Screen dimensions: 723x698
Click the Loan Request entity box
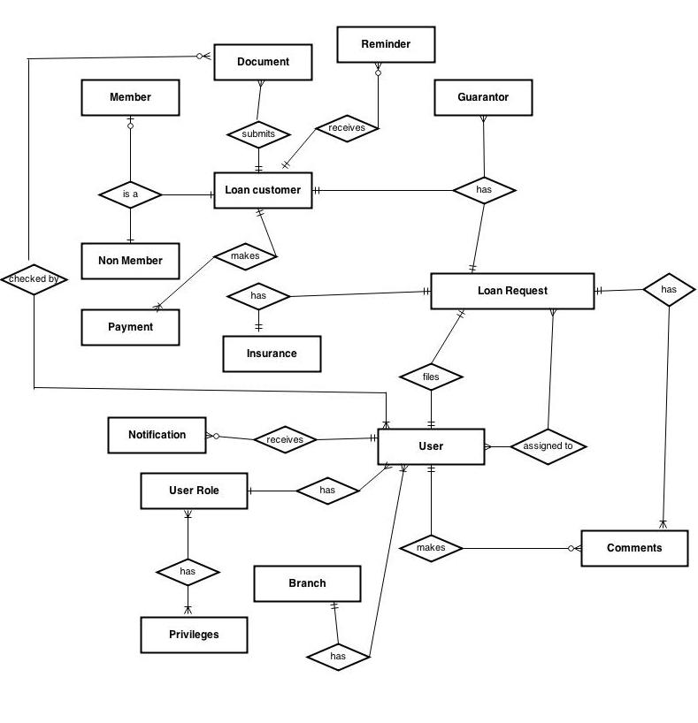tap(512, 291)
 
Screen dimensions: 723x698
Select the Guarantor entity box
tap(483, 97)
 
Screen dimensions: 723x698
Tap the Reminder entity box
tap(386, 44)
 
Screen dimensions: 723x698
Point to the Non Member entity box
tap(130, 261)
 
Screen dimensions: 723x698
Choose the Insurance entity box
tap(272, 354)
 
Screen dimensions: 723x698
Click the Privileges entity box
tap(194, 635)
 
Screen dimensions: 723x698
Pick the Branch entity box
tap(307, 583)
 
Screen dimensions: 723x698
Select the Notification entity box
tap(157, 435)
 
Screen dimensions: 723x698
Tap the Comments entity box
tap(633, 548)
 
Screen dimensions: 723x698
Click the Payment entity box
tap(130, 327)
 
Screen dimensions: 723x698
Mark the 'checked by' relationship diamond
tap(34, 279)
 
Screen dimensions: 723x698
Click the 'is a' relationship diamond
tap(130, 194)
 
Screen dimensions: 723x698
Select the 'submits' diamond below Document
tap(258, 134)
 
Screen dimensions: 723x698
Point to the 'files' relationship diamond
tap(431, 377)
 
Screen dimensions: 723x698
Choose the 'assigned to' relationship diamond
tap(548, 446)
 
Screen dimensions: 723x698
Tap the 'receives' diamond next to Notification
tap(284, 439)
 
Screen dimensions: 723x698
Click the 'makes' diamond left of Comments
tap(431, 548)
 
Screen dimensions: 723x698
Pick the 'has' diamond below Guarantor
tap(484, 190)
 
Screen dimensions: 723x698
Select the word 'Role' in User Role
tap(209, 491)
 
